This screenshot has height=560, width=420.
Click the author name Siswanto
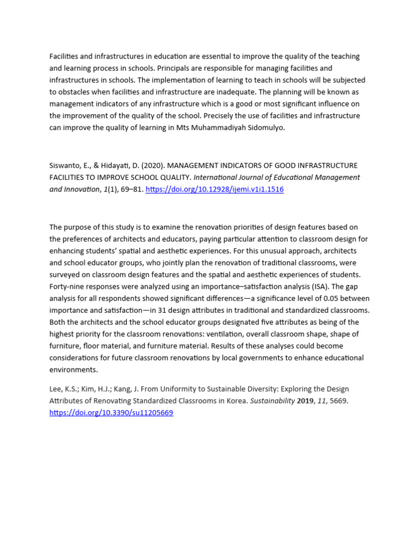[65, 165]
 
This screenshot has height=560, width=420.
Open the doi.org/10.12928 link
[214, 189]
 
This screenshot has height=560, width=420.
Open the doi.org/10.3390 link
[111, 413]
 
